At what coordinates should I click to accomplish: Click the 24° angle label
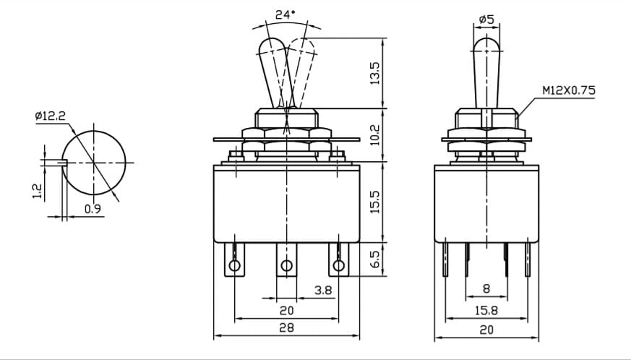pyautogui.click(x=286, y=15)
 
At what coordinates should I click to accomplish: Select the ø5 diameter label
pyautogui.click(x=486, y=20)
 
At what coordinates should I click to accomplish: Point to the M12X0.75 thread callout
pyautogui.click(x=569, y=90)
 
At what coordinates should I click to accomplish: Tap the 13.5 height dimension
pyautogui.click(x=374, y=73)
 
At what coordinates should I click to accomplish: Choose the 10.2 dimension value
pyautogui.click(x=374, y=135)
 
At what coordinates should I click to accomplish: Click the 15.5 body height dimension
pyautogui.click(x=374, y=202)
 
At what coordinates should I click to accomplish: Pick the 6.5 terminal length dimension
pyautogui.click(x=374, y=259)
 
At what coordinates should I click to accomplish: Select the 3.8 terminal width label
pyautogui.click(x=323, y=290)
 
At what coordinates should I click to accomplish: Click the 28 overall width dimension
pyautogui.click(x=286, y=327)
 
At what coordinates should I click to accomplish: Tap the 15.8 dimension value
pyautogui.click(x=486, y=310)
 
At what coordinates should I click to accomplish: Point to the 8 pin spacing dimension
pyautogui.click(x=486, y=288)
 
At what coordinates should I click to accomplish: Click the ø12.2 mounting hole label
pyautogui.click(x=50, y=116)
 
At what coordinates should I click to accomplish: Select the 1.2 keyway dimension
pyautogui.click(x=37, y=191)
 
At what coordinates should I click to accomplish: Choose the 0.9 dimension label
pyautogui.click(x=93, y=209)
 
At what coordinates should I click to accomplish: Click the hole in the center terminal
pyautogui.click(x=286, y=265)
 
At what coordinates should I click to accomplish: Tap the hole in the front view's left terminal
pyautogui.click(x=234, y=265)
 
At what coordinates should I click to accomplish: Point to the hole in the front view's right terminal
pyautogui.click(x=339, y=265)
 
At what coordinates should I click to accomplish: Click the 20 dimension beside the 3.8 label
pyautogui.click(x=286, y=310)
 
